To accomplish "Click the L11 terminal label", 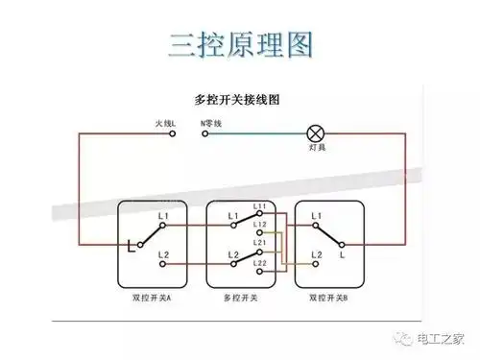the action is click(x=260, y=206).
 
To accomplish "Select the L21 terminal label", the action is click(x=260, y=245).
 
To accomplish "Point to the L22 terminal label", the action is click(x=260, y=262).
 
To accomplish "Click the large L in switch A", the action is click(x=130, y=246).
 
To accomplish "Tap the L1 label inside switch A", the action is click(x=163, y=215).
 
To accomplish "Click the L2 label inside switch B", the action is click(x=316, y=254).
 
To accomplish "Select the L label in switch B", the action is click(x=343, y=256).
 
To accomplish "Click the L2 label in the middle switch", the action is click(x=232, y=254).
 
